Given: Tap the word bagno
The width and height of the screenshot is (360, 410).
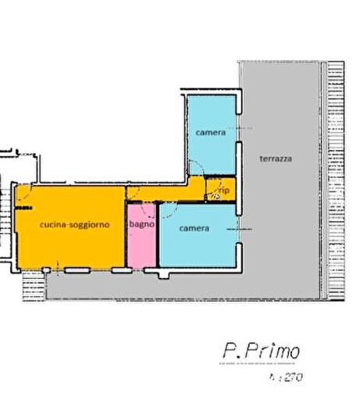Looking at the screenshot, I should click(x=141, y=224).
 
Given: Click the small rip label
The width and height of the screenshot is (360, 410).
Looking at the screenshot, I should click(x=223, y=189).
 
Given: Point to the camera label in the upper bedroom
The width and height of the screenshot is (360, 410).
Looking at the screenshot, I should click(x=210, y=133).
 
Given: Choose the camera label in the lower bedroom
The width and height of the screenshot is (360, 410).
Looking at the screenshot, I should click(x=194, y=228).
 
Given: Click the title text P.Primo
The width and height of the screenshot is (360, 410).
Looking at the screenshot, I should click(x=260, y=351).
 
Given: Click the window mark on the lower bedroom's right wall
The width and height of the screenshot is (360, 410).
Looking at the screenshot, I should click(x=243, y=229).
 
